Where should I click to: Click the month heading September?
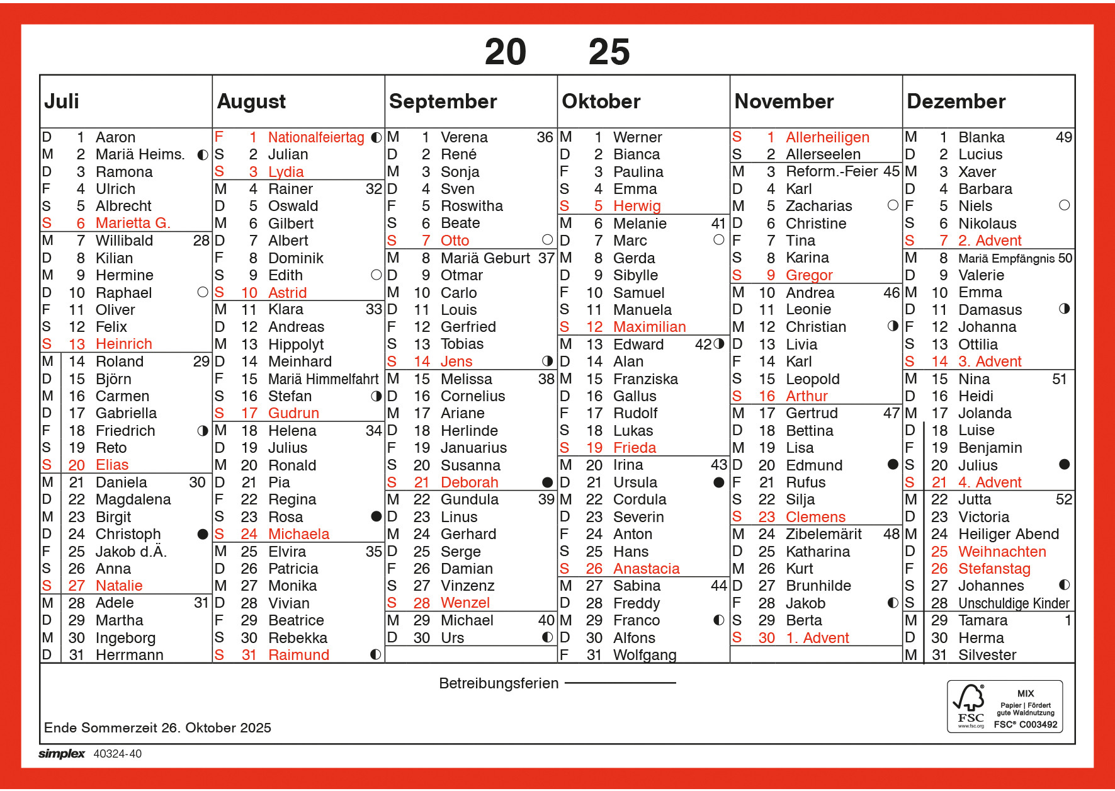click(x=443, y=101)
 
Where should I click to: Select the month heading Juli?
click(x=62, y=101)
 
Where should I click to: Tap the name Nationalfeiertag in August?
click(x=315, y=137)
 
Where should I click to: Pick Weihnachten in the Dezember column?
click(x=1002, y=552)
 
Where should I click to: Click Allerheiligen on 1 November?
click(x=827, y=137)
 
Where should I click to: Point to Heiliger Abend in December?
click(x=1008, y=534)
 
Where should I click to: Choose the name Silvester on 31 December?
click(x=987, y=655)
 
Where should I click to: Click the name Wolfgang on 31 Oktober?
click(x=645, y=655)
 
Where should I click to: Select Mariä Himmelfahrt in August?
click(x=323, y=379)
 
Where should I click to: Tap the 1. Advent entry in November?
click(x=817, y=638)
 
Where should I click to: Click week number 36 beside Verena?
click(x=545, y=137)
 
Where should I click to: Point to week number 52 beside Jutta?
click(x=1063, y=499)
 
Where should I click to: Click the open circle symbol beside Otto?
click(x=547, y=240)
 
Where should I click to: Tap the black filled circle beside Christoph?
click(x=202, y=534)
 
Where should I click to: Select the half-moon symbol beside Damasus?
click(x=1064, y=309)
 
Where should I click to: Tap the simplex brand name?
click(x=61, y=754)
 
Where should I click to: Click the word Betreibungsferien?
click(x=499, y=683)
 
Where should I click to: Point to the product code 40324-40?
click(x=118, y=754)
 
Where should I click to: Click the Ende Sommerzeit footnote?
click(x=157, y=728)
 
